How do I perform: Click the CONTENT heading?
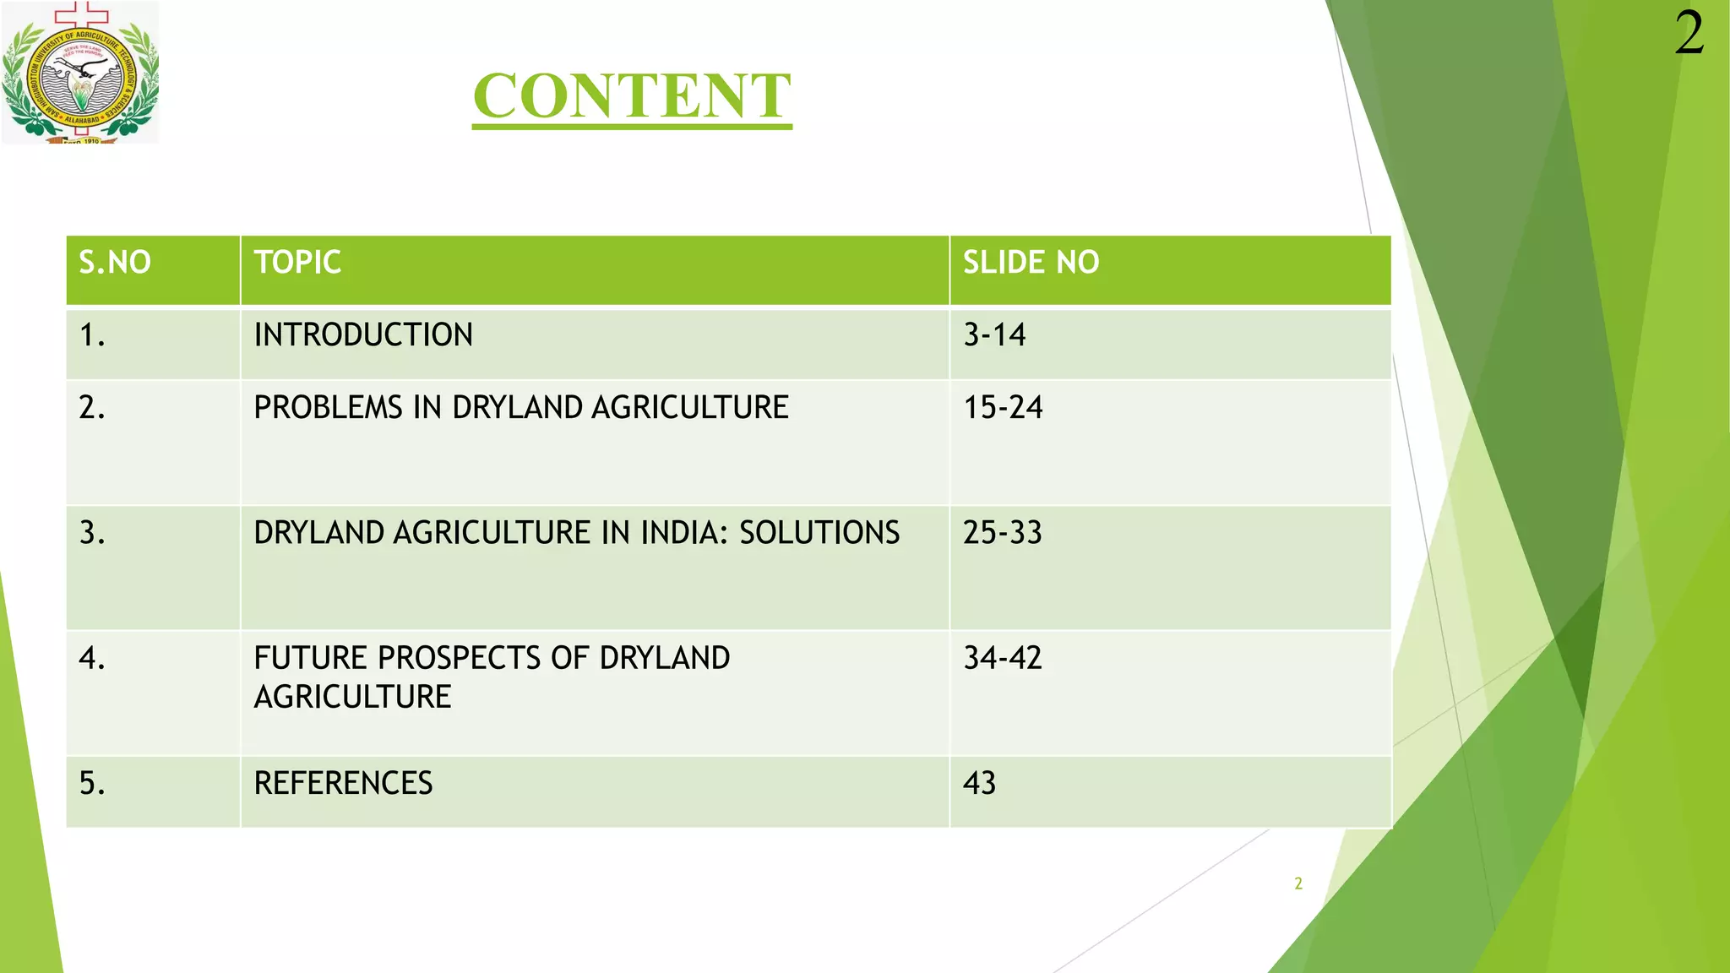tap(632, 95)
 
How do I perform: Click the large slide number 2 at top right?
tap(1689, 35)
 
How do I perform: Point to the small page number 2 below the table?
tap(1298, 883)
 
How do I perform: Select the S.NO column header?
tap(115, 263)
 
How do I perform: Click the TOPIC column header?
tap(297, 263)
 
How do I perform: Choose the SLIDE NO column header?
tap(1031, 263)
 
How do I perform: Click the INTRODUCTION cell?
tap(363, 335)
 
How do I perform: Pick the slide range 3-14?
tap(994, 335)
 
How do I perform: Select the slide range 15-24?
tap(1003, 408)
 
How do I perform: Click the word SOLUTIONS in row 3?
tap(819, 533)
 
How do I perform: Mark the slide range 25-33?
tap(1003, 533)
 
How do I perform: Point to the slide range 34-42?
tap(1003, 658)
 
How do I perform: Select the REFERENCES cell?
tap(343, 783)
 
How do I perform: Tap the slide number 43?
tap(979, 783)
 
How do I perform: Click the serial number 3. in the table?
tap(92, 533)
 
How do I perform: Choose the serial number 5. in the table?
tap(92, 783)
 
